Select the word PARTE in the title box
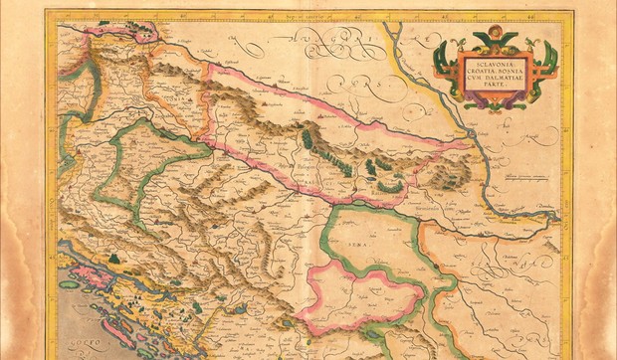495,87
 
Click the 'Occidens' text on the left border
53,199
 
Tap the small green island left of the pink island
69,284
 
